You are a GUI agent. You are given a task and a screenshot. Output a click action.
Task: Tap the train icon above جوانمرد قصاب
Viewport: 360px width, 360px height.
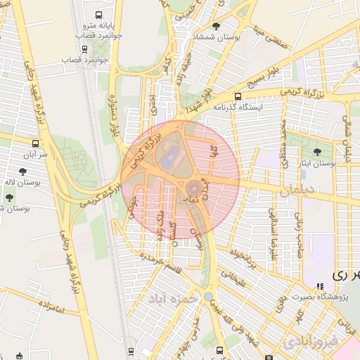[86, 49]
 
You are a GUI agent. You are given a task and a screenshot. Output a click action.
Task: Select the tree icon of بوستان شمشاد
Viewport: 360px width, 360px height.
[216, 26]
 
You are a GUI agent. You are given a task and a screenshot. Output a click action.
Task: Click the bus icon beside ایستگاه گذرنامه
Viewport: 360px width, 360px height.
[238, 96]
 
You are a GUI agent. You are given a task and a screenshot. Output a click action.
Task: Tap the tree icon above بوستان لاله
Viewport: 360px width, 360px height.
[23, 171]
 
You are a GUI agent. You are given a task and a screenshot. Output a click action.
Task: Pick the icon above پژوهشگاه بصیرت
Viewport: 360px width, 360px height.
[320, 286]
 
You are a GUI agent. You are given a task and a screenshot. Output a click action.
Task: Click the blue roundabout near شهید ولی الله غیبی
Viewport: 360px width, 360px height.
[208, 296]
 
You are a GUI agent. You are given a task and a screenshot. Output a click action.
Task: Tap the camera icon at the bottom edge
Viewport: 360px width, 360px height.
[267, 353]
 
